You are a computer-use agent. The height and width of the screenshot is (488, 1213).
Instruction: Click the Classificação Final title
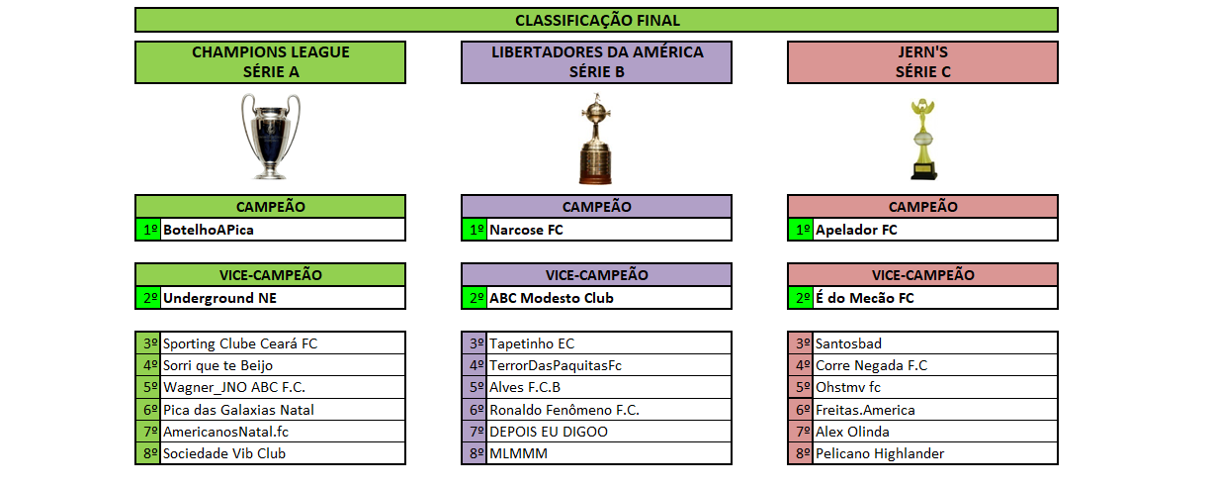pyautogui.click(x=597, y=20)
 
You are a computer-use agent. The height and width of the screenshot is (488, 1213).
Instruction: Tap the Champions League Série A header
pyautogui.click(x=270, y=61)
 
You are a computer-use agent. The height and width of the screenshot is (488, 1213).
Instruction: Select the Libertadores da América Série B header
pyautogui.click(x=597, y=61)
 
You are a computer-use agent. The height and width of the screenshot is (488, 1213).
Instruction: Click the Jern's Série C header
pyautogui.click(x=922, y=61)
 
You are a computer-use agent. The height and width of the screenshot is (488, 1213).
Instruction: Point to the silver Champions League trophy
pyautogui.click(x=270, y=136)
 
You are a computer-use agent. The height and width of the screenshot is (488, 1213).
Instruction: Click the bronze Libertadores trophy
pyautogui.click(x=596, y=139)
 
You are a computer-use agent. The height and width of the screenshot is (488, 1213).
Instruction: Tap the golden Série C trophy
pyautogui.click(x=922, y=139)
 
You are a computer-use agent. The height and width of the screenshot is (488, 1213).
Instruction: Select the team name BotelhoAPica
pyautogui.click(x=209, y=230)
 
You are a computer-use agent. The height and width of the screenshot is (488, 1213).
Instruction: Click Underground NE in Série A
pyautogui.click(x=219, y=298)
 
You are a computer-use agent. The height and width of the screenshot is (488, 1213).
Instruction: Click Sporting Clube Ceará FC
pyautogui.click(x=240, y=343)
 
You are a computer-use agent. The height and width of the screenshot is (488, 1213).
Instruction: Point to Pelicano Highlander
pyautogui.click(x=880, y=453)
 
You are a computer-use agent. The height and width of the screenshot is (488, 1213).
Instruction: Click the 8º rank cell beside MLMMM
pyautogui.click(x=475, y=453)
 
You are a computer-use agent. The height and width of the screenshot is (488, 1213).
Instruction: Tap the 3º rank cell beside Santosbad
pyautogui.click(x=801, y=343)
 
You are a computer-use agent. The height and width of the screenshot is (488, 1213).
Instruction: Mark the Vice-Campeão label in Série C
pyautogui.click(x=922, y=275)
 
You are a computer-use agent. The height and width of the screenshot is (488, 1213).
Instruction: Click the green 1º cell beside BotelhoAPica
pyautogui.click(x=148, y=230)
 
